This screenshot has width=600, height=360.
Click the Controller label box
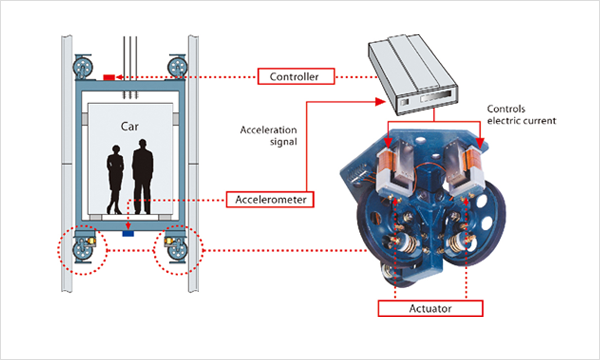click(x=296, y=77)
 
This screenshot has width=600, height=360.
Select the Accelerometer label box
click(x=270, y=199)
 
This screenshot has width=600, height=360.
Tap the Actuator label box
click(x=430, y=308)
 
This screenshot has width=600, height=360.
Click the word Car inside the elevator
click(x=130, y=127)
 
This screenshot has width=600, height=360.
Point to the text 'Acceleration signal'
click(x=269, y=136)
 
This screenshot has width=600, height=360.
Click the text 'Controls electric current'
click(x=521, y=115)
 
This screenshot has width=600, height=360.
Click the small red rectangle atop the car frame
click(x=109, y=78)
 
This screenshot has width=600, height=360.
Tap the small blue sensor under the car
click(x=128, y=233)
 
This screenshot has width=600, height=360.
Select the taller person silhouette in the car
click(x=143, y=176)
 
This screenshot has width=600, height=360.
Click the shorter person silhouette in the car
click(x=115, y=179)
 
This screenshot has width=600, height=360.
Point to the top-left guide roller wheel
click(x=83, y=68)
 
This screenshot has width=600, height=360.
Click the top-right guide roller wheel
click(x=177, y=67)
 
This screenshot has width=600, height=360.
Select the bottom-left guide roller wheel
click(x=82, y=251)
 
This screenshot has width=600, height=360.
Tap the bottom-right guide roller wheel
click(x=177, y=251)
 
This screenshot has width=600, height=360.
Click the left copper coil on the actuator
click(x=386, y=165)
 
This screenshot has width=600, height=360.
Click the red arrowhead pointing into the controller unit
click(x=380, y=102)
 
